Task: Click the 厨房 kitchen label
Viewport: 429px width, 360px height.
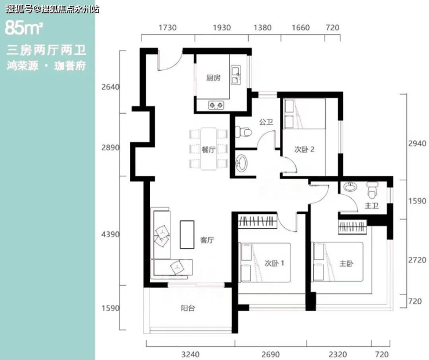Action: coord(213,78)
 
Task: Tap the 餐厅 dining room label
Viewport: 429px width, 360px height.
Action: coord(208,150)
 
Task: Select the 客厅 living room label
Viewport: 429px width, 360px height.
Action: coord(207,240)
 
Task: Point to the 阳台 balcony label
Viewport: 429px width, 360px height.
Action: coord(188,308)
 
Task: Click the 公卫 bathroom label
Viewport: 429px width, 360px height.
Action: coord(266,122)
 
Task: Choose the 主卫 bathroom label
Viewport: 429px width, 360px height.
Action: coord(372,205)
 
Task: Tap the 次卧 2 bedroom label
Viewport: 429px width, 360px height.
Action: coord(304,150)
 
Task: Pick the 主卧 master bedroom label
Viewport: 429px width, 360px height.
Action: coord(346,263)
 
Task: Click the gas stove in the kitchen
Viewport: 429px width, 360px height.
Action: coord(216,105)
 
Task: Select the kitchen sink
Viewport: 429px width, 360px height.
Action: coord(235,74)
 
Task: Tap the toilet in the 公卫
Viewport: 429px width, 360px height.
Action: coord(243,132)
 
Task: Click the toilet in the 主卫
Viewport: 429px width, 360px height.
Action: coord(372,190)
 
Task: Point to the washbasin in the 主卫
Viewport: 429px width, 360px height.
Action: coord(351,187)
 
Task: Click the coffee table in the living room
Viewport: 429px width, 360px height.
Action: coord(187,234)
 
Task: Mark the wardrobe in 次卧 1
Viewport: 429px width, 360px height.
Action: coord(257,221)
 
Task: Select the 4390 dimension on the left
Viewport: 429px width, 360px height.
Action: coord(110,234)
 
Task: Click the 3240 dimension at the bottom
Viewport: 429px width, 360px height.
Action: coord(190,355)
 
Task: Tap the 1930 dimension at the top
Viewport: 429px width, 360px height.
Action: coord(222,28)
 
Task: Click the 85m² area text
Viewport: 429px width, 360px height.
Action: coord(24,28)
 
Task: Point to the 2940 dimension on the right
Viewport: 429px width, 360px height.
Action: coord(417,143)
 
